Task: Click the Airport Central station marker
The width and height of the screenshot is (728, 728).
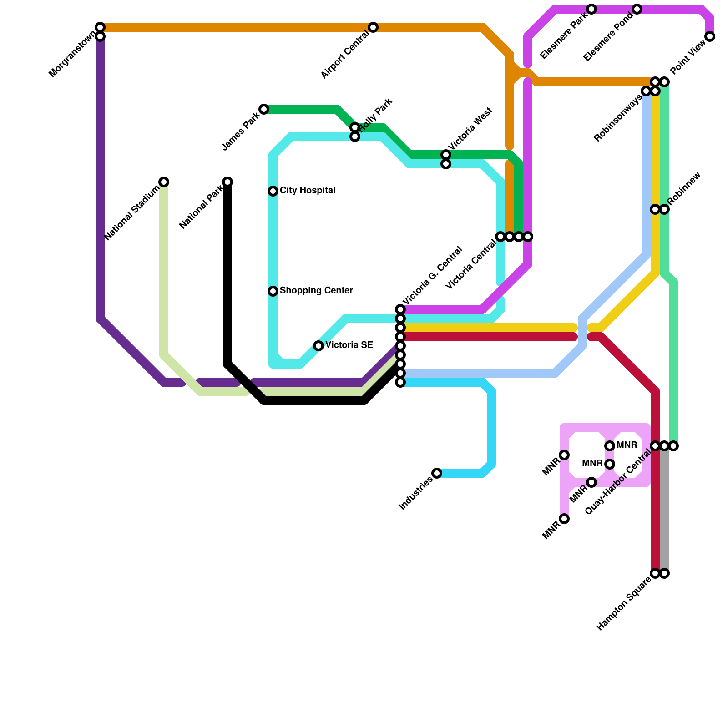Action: (373, 27)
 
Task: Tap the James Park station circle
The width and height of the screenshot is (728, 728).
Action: (264, 109)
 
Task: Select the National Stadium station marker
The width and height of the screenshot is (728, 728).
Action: (164, 182)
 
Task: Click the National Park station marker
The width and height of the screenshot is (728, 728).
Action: (227, 182)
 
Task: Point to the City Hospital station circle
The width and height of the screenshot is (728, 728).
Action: (273, 191)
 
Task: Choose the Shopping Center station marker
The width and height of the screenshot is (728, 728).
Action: (273, 291)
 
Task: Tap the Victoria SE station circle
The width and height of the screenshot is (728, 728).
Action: (318, 346)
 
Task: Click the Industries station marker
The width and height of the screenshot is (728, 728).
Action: (437, 473)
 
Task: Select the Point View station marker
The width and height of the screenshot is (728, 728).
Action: (710, 36)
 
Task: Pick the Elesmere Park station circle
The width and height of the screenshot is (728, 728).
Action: (591, 9)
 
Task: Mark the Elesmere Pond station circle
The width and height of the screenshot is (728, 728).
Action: (637, 9)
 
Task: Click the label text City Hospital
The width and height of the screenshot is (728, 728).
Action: (308, 191)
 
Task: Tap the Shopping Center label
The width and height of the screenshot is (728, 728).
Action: (316, 291)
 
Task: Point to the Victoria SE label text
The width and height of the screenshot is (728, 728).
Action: (349, 345)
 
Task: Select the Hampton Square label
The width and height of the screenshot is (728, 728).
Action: (624, 603)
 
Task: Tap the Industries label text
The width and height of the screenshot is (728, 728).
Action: (415, 493)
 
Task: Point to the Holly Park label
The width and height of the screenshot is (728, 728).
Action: (376, 114)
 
